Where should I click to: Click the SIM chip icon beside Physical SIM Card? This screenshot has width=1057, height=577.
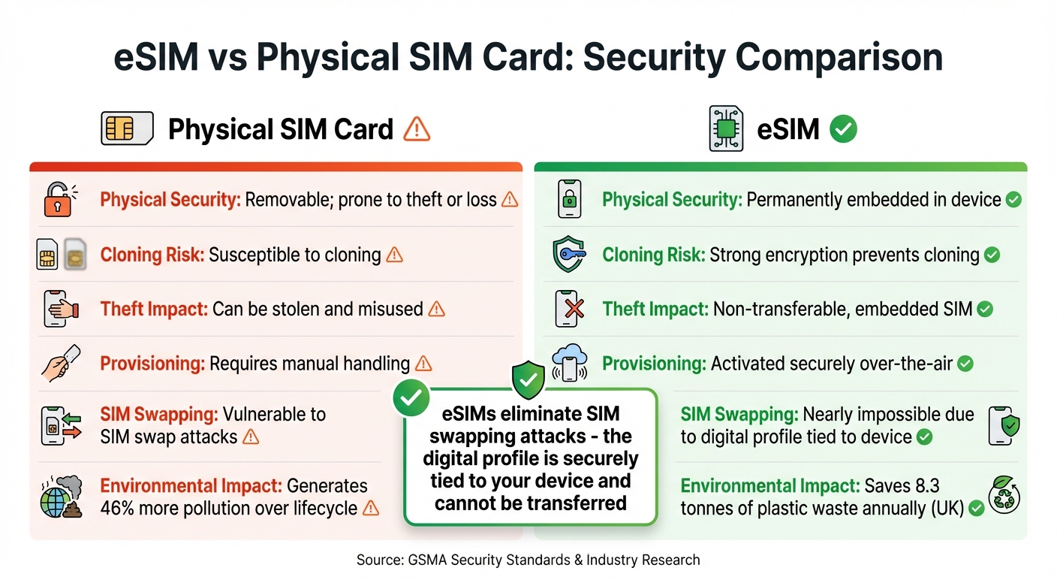click(x=127, y=128)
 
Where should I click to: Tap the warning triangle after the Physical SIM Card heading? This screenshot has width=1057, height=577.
click(x=417, y=129)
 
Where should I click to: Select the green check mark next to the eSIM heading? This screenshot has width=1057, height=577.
click(x=843, y=129)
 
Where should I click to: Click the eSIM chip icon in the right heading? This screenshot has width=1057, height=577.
click(x=726, y=129)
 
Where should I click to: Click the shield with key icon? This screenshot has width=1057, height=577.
click(x=568, y=255)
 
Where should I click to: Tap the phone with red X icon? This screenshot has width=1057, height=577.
click(x=568, y=309)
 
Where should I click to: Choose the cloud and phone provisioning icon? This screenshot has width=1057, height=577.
click(x=568, y=364)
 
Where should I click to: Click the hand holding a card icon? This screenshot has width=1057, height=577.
click(x=60, y=364)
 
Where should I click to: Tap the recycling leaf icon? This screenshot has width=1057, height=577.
click(x=1004, y=497)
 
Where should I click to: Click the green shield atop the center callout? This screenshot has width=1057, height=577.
click(x=528, y=379)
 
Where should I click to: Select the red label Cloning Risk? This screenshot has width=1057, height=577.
click(x=152, y=255)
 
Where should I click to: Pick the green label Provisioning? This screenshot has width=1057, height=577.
click(x=654, y=364)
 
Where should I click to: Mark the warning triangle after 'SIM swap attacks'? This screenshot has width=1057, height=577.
click(x=251, y=437)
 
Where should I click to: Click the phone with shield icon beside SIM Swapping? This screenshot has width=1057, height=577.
click(x=1004, y=426)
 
